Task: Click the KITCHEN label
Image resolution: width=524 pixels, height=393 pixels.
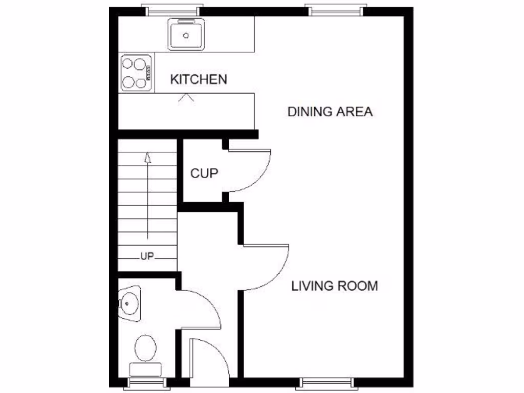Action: click(x=199, y=80)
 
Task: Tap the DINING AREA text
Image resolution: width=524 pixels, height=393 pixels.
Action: click(x=330, y=112)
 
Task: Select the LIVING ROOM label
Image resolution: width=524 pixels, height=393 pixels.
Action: click(x=335, y=286)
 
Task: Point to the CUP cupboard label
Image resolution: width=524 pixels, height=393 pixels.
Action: click(x=204, y=173)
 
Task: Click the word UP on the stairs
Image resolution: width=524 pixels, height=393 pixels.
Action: click(x=147, y=257)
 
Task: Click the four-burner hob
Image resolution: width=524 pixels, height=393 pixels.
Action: click(x=137, y=73)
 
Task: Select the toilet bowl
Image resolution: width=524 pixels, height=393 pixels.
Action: click(x=146, y=348)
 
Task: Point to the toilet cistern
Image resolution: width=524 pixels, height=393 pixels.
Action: click(x=146, y=369)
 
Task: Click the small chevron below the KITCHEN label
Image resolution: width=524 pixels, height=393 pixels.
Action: click(x=186, y=97)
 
